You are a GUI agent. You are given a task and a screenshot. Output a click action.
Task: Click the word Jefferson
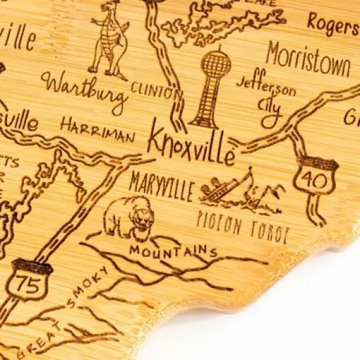[265, 87]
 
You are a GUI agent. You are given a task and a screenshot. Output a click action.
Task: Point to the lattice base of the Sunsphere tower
[206, 105]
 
